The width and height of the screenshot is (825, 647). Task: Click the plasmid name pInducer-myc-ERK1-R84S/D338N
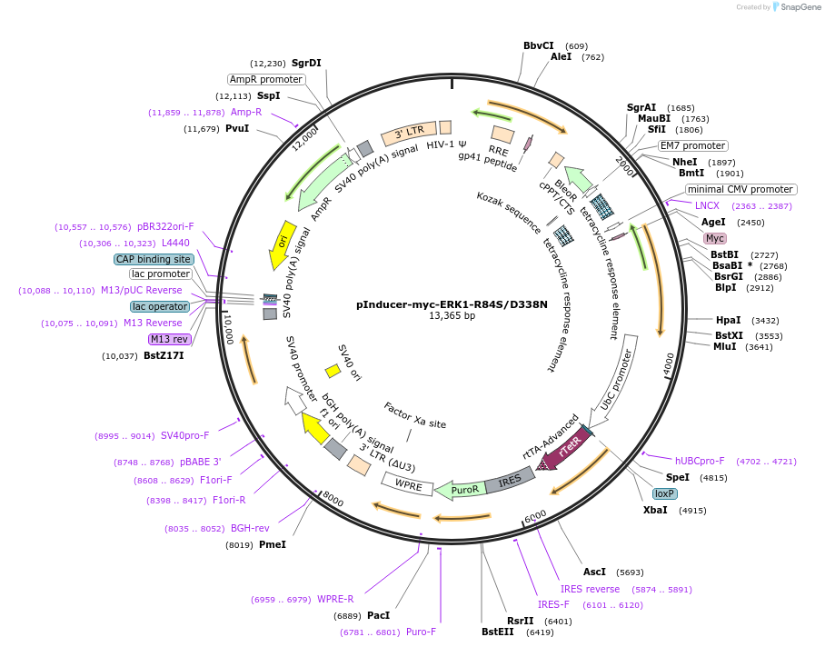(x=452, y=304)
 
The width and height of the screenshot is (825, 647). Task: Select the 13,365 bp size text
(x=452, y=316)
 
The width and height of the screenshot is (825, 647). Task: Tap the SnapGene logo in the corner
(x=797, y=6)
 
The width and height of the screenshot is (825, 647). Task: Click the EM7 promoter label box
(x=692, y=145)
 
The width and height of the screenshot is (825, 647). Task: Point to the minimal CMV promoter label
(x=741, y=190)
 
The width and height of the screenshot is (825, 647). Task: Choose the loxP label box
(x=664, y=493)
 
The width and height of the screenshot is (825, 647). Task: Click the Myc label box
(x=715, y=238)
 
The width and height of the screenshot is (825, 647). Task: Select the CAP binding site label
(x=154, y=259)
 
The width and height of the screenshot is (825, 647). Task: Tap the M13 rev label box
(x=170, y=339)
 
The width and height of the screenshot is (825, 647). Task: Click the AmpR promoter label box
(x=265, y=79)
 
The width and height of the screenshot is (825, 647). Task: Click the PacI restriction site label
(x=378, y=615)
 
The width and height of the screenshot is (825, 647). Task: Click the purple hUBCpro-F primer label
(x=700, y=461)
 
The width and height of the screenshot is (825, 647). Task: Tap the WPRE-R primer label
(x=335, y=599)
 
